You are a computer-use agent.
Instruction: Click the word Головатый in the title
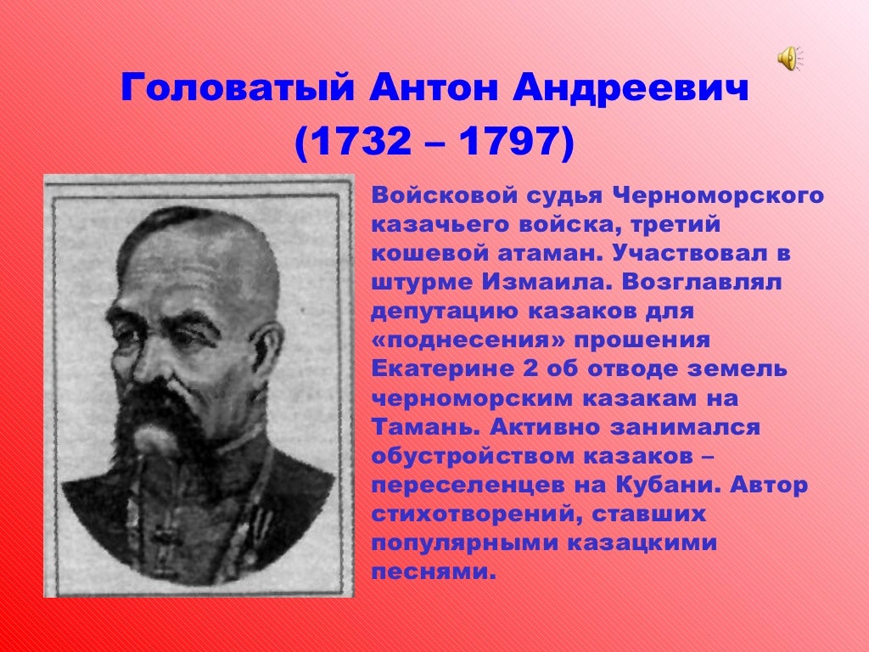click(x=237, y=88)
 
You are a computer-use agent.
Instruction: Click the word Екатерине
click(x=442, y=369)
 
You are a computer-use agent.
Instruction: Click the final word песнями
click(x=432, y=571)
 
